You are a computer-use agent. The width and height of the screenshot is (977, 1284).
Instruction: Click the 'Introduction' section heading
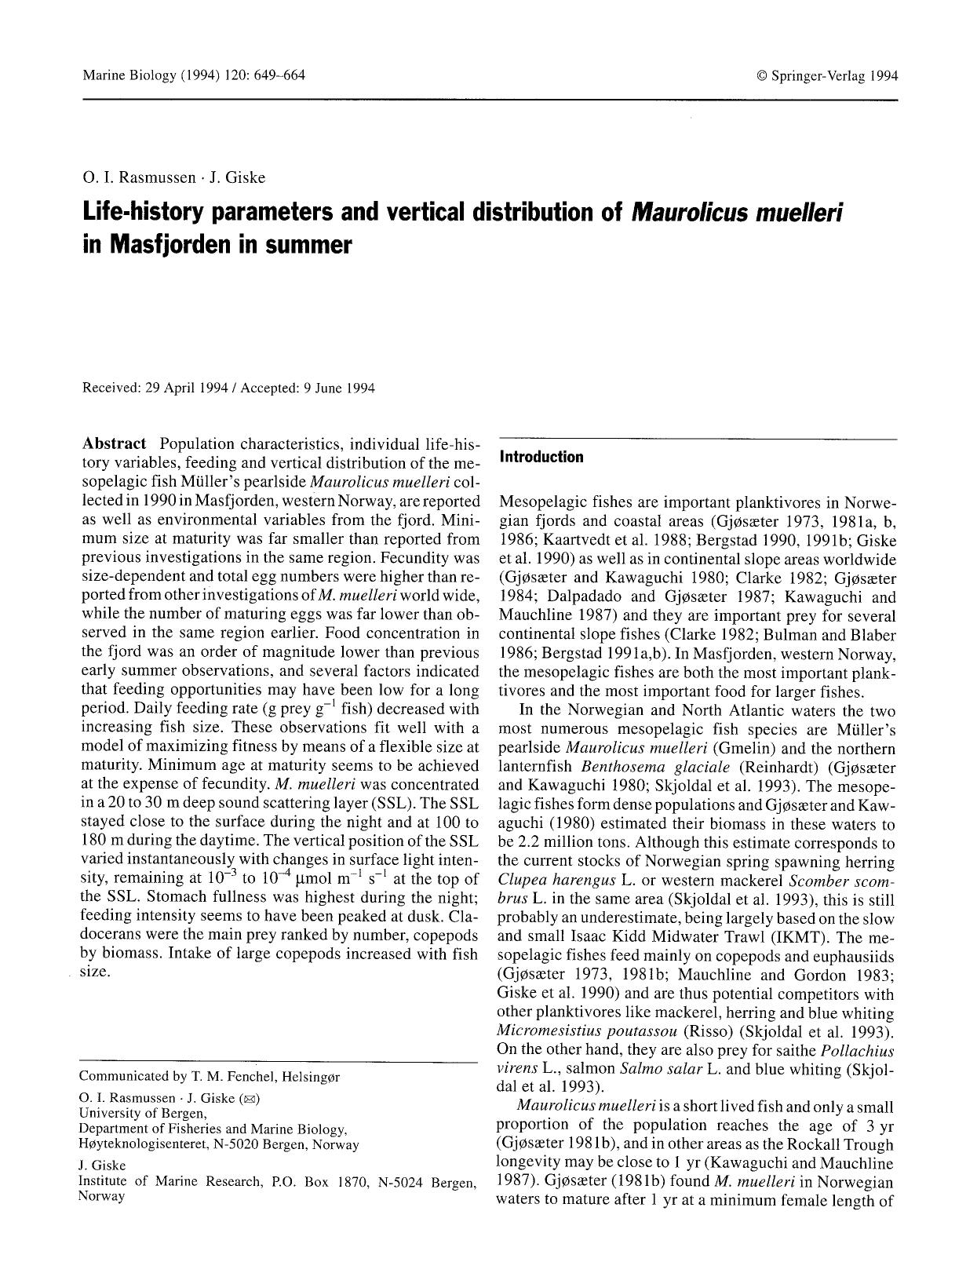(541, 457)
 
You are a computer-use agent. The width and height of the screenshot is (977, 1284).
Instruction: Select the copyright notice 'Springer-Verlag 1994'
(833, 76)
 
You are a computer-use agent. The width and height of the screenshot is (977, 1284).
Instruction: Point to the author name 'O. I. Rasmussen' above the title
(138, 177)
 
